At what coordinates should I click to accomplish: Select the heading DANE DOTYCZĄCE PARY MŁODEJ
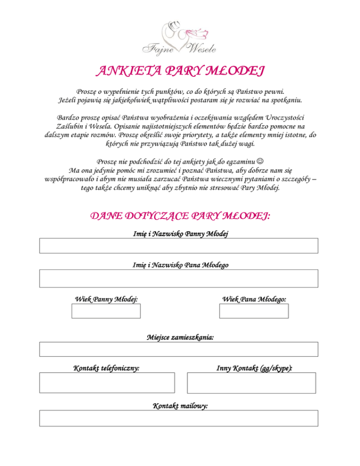(x=180, y=216)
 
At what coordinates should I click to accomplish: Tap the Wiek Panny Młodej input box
(x=106, y=311)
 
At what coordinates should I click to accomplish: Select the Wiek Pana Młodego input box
(x=254, y=311)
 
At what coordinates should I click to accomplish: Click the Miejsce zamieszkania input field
(x=179, y=349)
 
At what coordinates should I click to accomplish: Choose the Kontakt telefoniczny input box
(x=107, y=383)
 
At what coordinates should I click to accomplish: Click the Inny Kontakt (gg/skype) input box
(x=251, y=383)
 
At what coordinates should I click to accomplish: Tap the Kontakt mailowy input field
(x=179, y=418)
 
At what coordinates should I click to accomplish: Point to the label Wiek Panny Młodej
(x=106, y=299)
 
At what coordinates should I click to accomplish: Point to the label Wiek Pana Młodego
(x=255, y=299)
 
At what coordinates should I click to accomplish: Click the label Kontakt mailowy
(x=180, y=406)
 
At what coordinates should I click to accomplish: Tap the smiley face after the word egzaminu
(x=261, y=161)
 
